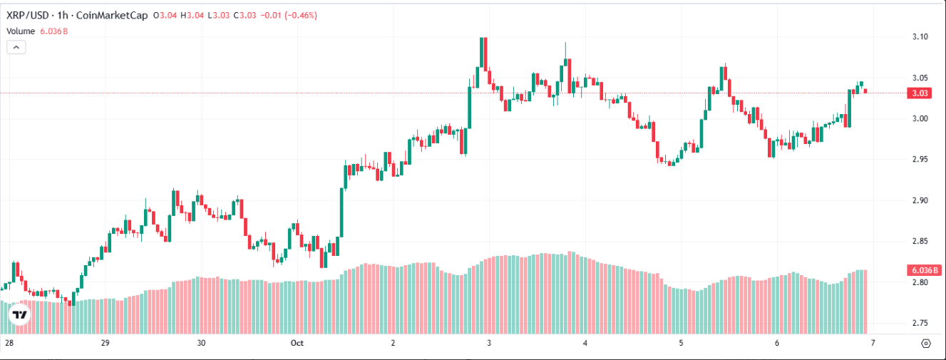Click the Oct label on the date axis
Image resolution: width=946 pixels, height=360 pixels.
(x=297, y=343)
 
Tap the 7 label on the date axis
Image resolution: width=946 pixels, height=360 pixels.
(x=872, y=343)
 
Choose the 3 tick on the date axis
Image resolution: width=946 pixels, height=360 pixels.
(x=489, y=343)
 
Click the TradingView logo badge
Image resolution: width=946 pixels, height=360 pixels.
(x=20, y=314)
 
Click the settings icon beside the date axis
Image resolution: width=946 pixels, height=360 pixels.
(x=926, y=343)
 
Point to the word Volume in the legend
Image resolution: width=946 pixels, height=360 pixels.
(x=21, y=31)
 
